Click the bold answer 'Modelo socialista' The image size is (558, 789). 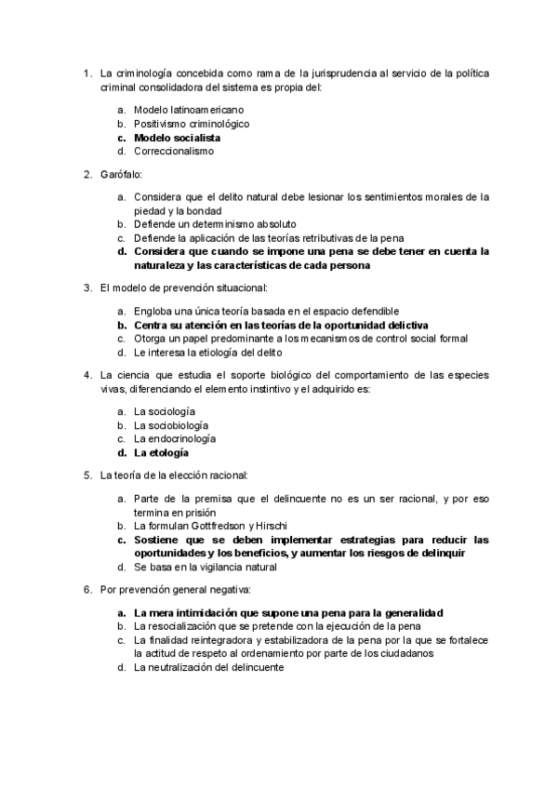(177, 138)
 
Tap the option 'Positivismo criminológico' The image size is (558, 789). (192, 124)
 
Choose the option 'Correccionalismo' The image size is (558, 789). (174, 151)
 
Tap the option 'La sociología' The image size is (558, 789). (165, 411)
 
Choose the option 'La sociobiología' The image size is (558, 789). (171, 425)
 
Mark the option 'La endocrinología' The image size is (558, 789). (175, 438)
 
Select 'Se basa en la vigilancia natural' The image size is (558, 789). (206, 567)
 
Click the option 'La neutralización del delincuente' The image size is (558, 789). (208, 667)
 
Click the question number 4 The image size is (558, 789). (86, 376)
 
